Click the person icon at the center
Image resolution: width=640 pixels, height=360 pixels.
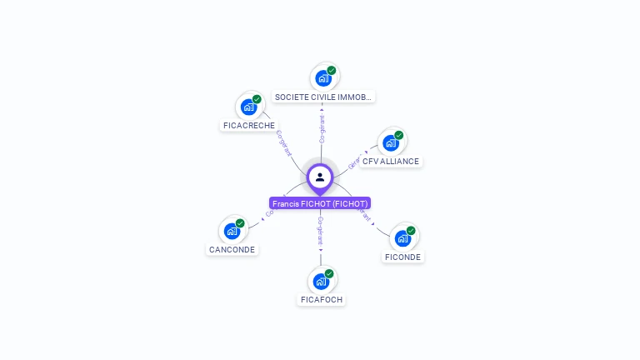point(320,177)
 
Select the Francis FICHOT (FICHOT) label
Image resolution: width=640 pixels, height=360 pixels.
point(320,203)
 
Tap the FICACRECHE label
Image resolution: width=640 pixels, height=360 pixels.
point(248,125)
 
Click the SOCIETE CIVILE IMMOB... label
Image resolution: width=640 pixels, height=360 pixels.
point(323,97)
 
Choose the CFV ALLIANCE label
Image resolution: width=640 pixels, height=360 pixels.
point(391,161)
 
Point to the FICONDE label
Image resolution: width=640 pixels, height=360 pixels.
point(403,257)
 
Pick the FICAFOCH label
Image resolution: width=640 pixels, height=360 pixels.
point(321,299)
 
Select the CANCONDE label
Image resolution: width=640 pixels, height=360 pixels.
point(232,249)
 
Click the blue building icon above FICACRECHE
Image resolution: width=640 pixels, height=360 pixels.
point(248,107)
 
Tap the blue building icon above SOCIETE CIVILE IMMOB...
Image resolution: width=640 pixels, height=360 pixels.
point(323,78)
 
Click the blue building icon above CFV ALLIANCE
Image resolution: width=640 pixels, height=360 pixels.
point(390,142)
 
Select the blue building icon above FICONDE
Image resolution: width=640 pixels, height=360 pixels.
point(402,238)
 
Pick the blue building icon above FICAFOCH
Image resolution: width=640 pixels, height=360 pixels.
point(321,281)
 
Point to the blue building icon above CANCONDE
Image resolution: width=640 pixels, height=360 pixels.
point(232,231)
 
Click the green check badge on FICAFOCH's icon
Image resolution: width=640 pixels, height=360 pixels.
point(329,273)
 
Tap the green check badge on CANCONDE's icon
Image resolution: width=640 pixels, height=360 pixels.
point(240,223)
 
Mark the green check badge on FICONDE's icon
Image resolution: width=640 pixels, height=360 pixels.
point(411,231)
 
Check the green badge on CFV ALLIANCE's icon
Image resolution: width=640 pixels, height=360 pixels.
point(398,135)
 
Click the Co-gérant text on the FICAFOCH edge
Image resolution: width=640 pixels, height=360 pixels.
point(320,231)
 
